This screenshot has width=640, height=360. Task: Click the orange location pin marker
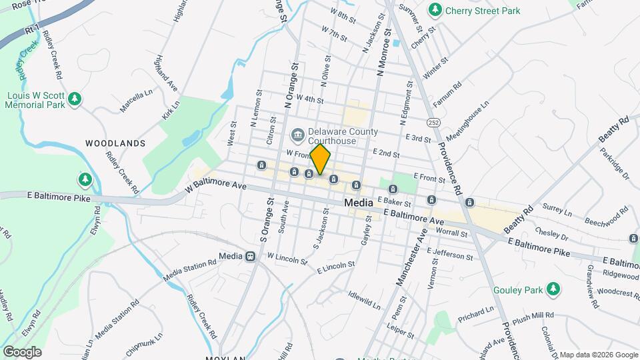point(320,159)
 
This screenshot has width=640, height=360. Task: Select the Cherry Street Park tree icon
point(435,9)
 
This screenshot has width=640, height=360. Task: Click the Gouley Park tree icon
point(552,289)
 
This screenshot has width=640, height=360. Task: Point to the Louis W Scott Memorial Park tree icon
point(75,99)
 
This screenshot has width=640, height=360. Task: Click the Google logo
point(22,351)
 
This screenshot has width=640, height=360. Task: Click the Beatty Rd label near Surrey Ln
point(519,219)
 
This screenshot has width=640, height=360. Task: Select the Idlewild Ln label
point(363,299)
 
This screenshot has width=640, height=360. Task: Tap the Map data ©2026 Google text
point(599,355)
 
